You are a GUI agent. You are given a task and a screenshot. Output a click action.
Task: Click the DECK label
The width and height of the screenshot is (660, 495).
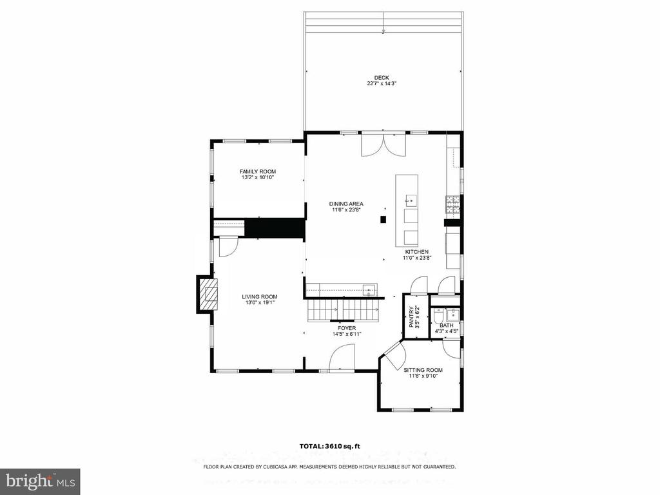(382, 77)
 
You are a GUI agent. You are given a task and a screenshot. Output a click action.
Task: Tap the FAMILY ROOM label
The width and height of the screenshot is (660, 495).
(258, 171)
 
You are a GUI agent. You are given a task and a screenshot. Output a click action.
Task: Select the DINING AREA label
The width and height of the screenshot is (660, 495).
(346, 204)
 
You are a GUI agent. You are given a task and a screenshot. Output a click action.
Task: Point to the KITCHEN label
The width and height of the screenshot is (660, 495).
(417, 252)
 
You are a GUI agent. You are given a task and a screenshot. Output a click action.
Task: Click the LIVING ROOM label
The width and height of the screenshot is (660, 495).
(259, 296)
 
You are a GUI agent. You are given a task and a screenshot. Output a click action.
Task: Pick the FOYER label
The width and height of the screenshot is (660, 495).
(347, 328)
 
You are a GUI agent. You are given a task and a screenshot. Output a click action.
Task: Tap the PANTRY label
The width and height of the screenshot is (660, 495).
(412, 316)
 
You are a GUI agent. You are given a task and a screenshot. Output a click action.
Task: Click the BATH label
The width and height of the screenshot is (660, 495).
(447, 325)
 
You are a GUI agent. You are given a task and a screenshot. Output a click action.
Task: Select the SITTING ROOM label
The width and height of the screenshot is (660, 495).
(423, 370)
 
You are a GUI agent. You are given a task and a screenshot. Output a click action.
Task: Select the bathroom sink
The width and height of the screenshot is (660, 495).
(453, 314)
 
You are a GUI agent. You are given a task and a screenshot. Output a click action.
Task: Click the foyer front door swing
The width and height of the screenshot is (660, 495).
(342, 358)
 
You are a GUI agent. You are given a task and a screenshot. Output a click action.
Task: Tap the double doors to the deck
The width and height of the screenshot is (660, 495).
(383, 144)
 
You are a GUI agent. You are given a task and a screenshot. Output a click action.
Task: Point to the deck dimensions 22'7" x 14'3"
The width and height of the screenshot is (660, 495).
(382, 83)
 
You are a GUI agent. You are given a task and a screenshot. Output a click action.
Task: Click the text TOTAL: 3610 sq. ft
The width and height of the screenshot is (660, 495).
(330, 446)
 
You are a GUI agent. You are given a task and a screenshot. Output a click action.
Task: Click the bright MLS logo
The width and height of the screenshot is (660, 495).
(40, 481)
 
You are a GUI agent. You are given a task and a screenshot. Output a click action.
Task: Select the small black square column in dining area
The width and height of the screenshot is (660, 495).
(383, 219)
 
